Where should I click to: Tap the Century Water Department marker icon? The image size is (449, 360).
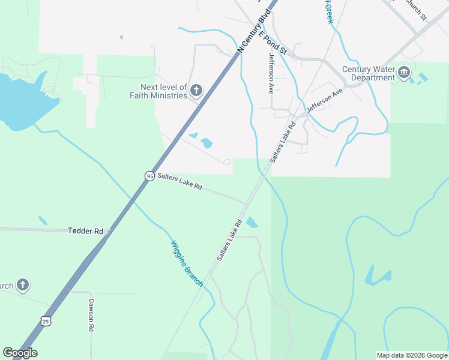[403, 73]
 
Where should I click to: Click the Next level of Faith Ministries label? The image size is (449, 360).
[160, 91]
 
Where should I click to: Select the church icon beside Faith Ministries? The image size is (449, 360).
[195, 91]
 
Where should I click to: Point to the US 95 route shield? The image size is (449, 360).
[149, 175]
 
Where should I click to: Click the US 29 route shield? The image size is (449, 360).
[46, 321]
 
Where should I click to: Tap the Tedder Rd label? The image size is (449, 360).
[86, 230]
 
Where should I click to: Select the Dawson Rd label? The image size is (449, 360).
[92, 315]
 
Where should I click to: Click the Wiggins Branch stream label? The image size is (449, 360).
[186, 263]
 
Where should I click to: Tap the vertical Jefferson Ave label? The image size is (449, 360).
[271, 74]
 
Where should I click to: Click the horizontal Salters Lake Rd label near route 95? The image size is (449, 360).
[180, 181]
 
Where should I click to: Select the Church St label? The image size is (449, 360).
[415, 9]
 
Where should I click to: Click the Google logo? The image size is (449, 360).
[20, 353]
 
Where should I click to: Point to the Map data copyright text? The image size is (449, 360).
[412, 355]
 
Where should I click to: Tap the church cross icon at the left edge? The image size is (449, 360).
[22, 284]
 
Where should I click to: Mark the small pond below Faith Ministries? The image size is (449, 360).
[206, 143]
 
